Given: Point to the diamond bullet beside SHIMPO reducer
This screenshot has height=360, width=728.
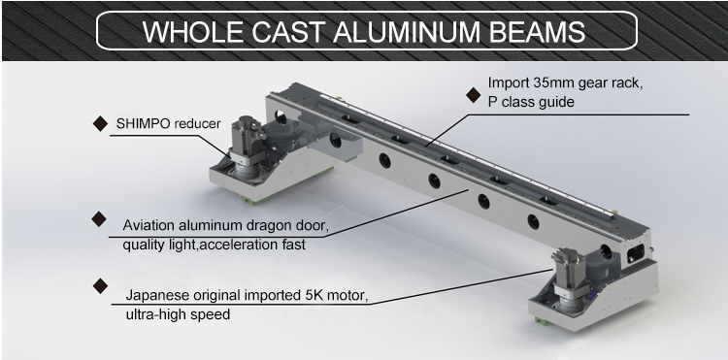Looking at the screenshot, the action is [100, 124].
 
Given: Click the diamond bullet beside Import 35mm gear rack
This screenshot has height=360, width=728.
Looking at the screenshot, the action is [473, 95].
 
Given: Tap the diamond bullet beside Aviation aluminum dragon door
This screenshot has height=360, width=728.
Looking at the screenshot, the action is [99, 219].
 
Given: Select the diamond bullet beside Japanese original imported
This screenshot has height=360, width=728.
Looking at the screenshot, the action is [100, 286].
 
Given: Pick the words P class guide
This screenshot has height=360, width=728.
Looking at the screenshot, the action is [531, 102].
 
